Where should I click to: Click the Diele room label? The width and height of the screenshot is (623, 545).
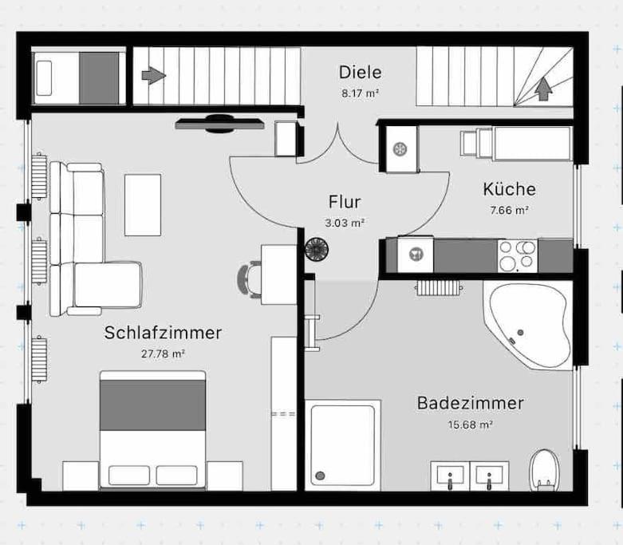[360, 73]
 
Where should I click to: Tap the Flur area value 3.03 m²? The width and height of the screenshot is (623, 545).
[345, 223]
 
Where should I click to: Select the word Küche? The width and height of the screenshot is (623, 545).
[509, 189]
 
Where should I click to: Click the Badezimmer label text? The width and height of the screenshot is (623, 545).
[470, 403]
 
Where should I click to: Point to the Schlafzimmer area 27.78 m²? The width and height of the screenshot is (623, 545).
[164, 353]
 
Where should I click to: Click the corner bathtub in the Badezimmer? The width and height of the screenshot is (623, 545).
[528, 326]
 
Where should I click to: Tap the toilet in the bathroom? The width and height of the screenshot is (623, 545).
[544, 470]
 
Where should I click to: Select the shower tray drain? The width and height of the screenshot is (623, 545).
[320, 476]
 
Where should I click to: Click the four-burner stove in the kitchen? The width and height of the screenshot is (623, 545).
[518, 255]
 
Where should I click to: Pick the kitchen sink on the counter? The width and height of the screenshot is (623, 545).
[416, 254]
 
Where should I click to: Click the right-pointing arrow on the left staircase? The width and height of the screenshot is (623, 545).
[154, 75]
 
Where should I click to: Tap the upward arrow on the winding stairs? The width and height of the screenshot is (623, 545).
[543, 89]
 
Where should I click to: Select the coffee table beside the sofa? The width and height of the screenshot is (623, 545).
[143, 205]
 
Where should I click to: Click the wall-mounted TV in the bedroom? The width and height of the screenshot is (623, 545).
[219, 123]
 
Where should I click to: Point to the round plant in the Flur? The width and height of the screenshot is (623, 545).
[317, 249]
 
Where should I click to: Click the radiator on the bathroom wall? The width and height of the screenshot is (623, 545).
[439, 288]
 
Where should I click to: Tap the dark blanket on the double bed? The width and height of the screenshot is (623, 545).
[152, 405]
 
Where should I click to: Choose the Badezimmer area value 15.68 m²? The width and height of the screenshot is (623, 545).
[470, 425]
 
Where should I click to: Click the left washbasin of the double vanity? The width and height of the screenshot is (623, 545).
[450, 476]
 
